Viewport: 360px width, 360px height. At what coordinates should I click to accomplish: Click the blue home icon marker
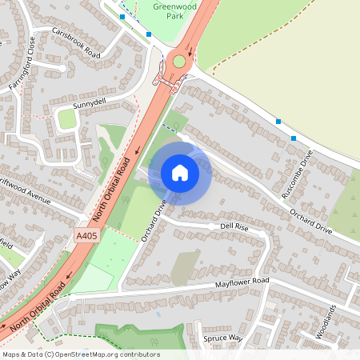coord(180,173)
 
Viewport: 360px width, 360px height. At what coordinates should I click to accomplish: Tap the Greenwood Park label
coord(177,10)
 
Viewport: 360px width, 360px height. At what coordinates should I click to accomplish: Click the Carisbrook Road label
coord(76,42)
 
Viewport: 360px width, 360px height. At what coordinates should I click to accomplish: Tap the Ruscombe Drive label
coord(300,175)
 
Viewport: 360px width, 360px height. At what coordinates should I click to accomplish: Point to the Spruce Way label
coord(223,338)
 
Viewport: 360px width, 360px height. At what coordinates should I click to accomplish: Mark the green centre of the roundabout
coord(178,61)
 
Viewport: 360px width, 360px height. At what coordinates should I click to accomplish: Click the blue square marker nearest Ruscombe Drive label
coord(294,138)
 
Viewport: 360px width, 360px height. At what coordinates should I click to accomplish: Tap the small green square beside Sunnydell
coord(67,119)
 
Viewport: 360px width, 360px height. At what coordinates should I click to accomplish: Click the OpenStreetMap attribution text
coord(80,354)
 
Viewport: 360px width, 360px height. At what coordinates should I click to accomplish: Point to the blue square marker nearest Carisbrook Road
coord(122,16)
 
